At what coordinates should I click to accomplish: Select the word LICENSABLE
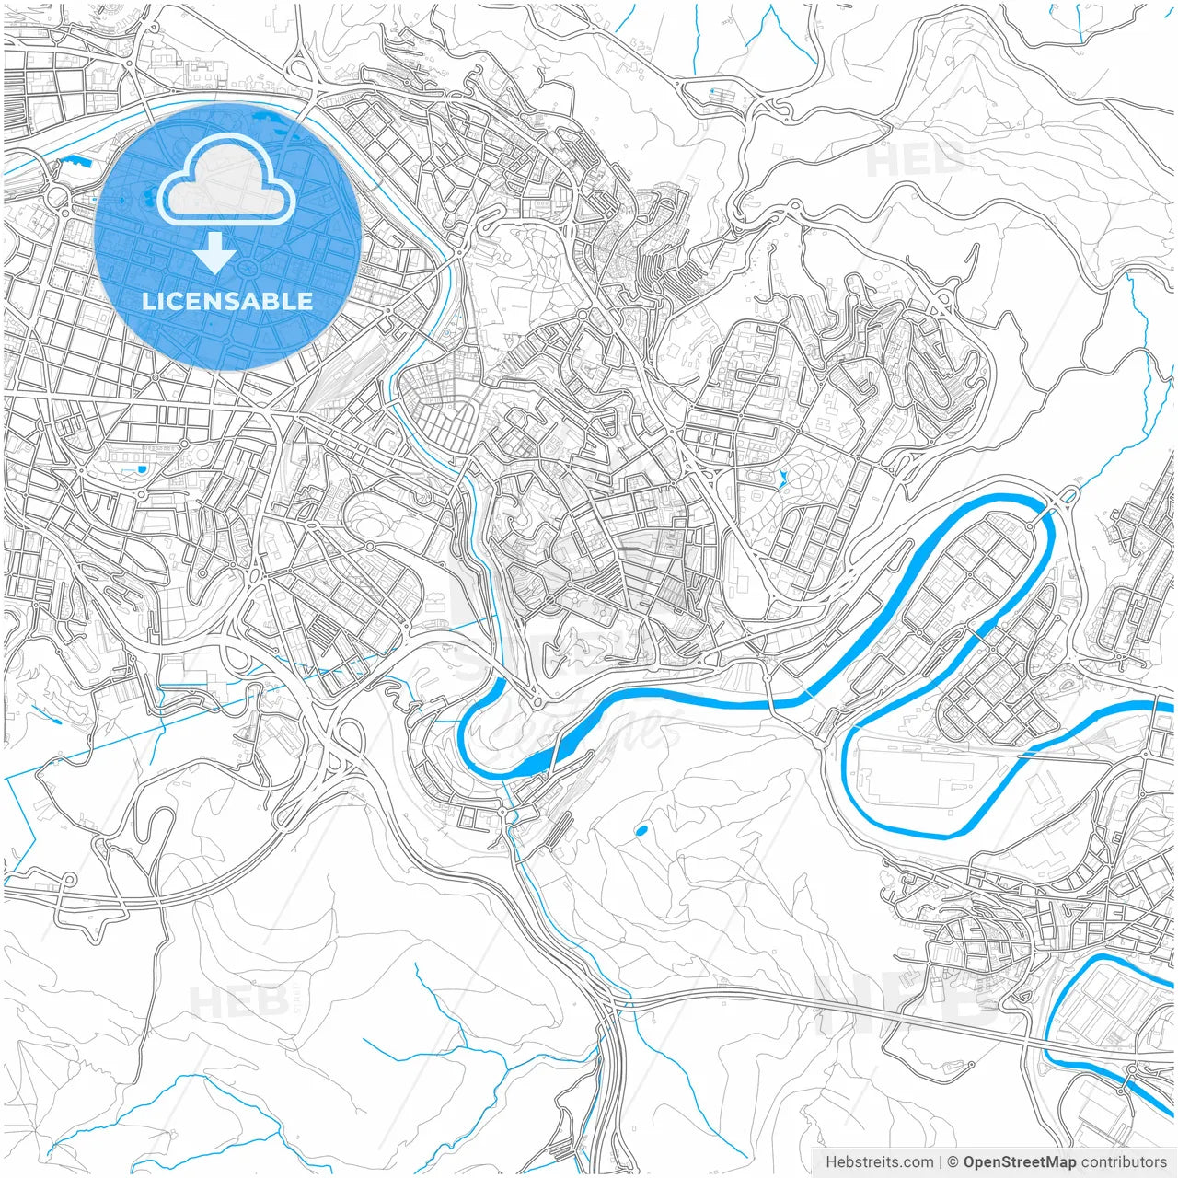227,301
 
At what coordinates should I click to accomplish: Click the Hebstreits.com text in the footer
879,1162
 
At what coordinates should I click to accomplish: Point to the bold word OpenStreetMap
1019,1162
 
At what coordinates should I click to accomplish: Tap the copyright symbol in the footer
953,1162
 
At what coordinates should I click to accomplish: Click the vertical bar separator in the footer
941,1162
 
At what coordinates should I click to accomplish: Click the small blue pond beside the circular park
782,478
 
